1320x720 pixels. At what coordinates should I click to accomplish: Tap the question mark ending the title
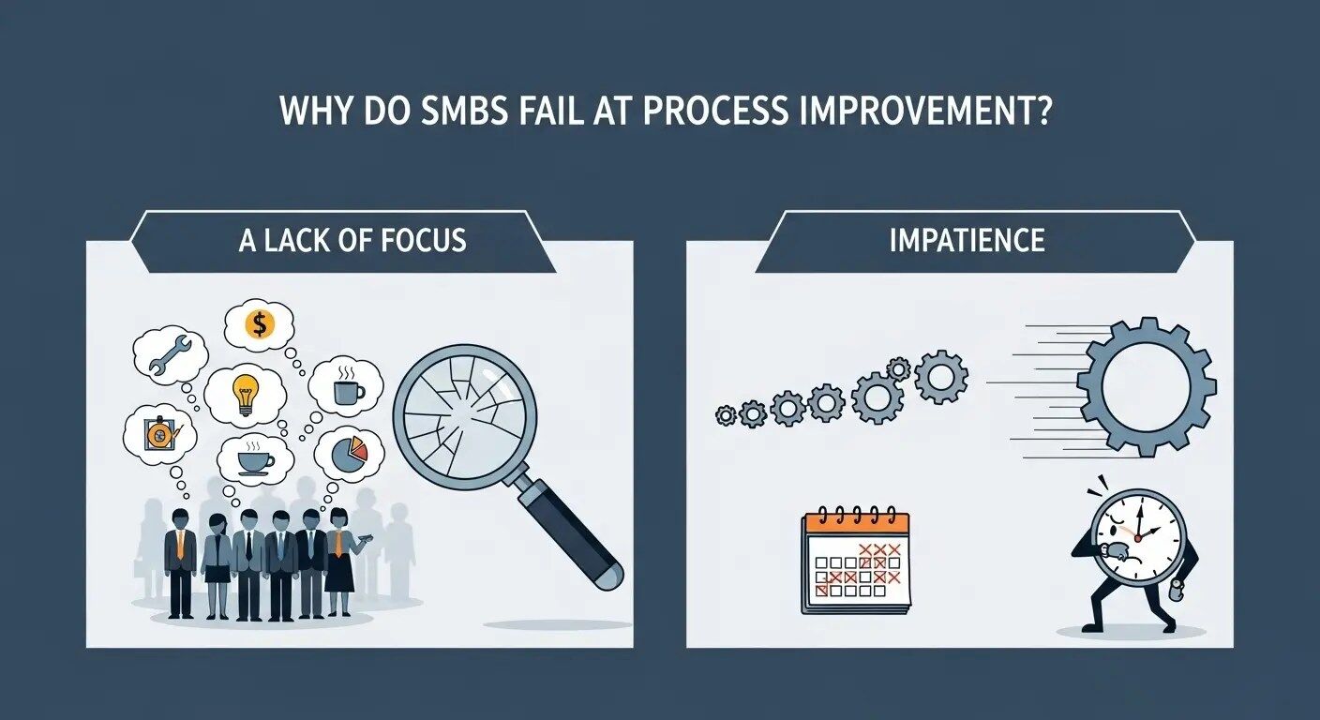click(1040, 110)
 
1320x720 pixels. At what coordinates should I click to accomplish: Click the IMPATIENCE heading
click(967, 240)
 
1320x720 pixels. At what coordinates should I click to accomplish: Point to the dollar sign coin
click(259, 324)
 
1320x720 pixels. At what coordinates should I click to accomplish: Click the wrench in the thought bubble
click(169, 355)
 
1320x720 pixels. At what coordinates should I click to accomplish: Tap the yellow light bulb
click(246, 394)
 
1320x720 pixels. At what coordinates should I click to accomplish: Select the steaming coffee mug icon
click(348, 386)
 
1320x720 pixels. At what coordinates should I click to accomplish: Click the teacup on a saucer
click(255, 459)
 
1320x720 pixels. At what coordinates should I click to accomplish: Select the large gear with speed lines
click(1147, 386)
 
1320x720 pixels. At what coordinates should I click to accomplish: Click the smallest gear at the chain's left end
click(726, 415)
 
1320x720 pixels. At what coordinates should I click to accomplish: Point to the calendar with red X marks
click(856, 562)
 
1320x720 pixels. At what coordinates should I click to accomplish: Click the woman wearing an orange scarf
click(340, 562)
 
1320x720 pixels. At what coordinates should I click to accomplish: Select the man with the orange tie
click(180, 563)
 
